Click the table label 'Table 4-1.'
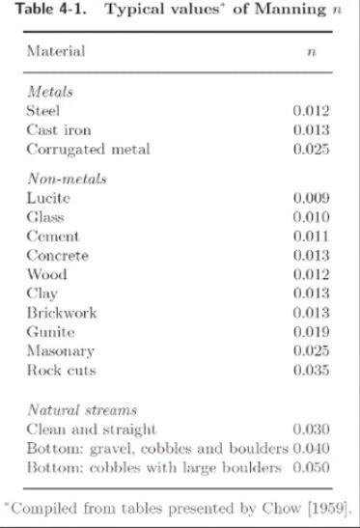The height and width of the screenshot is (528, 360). click(x=38, y=9)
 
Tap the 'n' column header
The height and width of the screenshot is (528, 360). click(x=311, y=51)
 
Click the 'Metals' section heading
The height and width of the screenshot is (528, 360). click(x=50, y=92)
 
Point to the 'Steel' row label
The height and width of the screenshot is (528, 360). click(x=43, y=111)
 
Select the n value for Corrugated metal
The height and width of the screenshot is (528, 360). click(x=311, y=150)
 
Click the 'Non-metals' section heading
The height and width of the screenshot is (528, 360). click(x=67, y=179)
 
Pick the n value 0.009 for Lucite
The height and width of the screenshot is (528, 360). click(x=311, y=198)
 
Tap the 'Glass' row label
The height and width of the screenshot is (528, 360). click(x=45, y=217)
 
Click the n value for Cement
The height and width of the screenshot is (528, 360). click(x=311, y=236)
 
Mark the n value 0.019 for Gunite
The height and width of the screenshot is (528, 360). click(x=311, y=332)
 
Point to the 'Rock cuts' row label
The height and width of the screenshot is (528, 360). click(x=61, y=371)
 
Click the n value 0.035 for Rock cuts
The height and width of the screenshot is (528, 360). click(x=311, y=371)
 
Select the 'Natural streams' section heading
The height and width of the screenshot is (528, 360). click(x=81, y=410)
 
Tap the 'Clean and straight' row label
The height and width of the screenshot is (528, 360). click(x=91, y=429)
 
